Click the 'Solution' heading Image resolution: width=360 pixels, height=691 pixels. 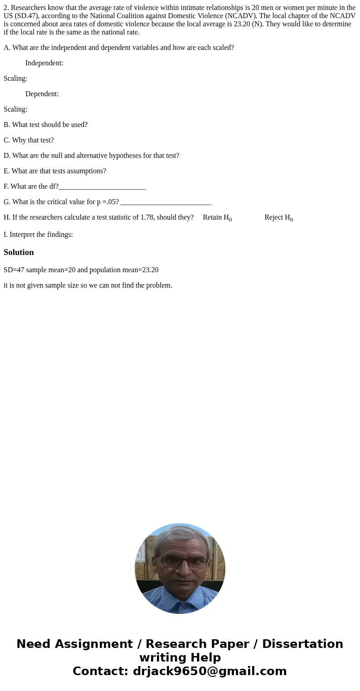tap(19, 252)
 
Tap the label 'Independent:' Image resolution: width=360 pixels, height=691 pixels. tap(44, 63)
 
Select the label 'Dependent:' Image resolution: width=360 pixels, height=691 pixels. tap(42, 94)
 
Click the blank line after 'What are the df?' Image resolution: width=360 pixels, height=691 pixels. tap(102, 187)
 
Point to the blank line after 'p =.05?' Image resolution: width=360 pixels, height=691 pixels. tap(165, 202)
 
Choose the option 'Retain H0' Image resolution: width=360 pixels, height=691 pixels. tap(217, 217)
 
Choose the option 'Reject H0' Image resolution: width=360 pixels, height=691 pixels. tap(278, 217)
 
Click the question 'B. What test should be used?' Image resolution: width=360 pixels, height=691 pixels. tap(45, 125)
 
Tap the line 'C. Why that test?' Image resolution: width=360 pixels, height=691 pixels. tap(29, 140)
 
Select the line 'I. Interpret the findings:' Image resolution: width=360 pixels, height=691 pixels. tap(38, 235)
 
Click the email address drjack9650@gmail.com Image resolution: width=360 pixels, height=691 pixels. tap(209, 671)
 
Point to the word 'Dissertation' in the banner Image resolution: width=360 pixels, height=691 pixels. tap(302, 644)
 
